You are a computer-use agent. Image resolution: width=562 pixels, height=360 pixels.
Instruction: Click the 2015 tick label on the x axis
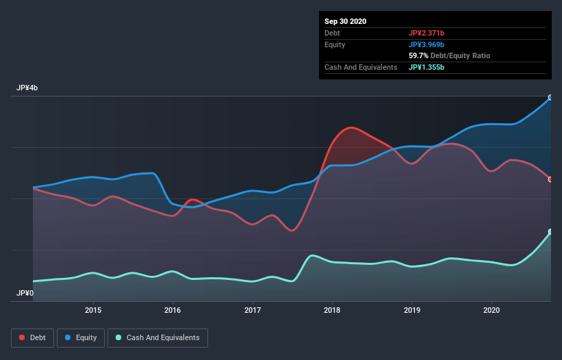click(x=93, y=310)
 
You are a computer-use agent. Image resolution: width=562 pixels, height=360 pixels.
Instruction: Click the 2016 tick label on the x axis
click(x=173, y=310)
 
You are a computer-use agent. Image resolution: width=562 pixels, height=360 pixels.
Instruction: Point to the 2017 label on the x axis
click(x=253, y=310)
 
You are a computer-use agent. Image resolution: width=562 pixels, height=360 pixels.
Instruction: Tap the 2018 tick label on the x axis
click(x=332, y=310)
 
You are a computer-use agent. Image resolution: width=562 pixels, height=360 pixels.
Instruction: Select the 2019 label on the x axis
click(x=412, y=310)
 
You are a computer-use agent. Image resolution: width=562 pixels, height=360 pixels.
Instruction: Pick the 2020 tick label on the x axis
click(x=491, y=310)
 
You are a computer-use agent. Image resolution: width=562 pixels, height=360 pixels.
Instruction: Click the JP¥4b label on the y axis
click(x=28, y=88)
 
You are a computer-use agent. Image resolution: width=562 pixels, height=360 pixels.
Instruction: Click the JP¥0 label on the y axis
click(x=25, y=293)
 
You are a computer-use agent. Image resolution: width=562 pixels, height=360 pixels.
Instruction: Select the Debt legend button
click(x=31, y=337)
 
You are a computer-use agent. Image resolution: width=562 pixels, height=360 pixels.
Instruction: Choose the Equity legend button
click(x=81, y=337)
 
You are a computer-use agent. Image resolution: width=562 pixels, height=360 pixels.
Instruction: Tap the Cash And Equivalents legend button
click(x=157, y=337)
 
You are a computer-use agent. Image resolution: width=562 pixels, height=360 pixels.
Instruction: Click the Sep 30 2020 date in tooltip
click(x=346, y=21)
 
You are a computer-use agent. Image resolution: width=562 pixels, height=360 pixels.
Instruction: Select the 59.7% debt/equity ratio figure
click(x=418, y=55)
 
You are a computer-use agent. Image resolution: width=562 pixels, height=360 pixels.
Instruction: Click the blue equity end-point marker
click(x=550, y=98)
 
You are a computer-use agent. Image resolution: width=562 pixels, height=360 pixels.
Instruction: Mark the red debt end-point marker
click(x=550, y=179)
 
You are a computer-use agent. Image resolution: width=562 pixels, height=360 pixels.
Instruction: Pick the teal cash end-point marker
click(x=550, y=232)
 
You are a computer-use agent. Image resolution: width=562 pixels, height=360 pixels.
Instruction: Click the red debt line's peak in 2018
click(x=351, y=127)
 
